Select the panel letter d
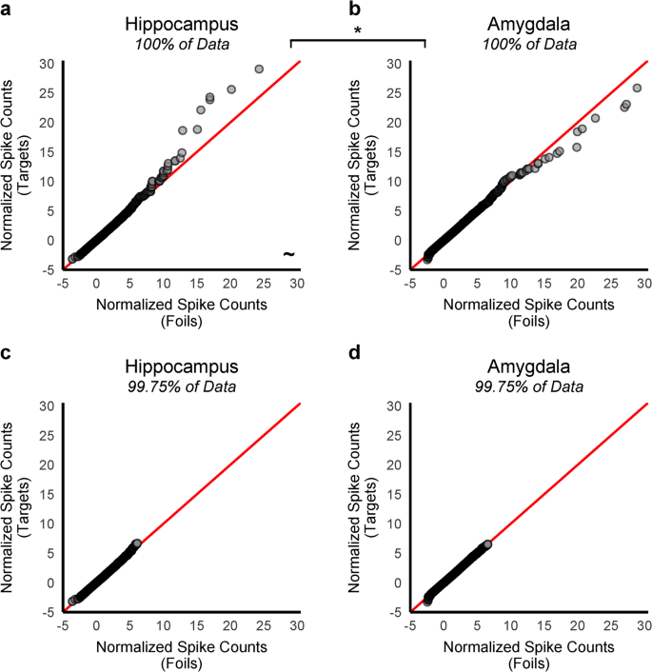(355, 353)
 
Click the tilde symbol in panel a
(288, 254)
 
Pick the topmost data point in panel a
(259, 69)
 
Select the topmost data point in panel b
(637, 88)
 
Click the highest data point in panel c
(137, 543)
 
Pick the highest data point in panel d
(487, 544)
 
